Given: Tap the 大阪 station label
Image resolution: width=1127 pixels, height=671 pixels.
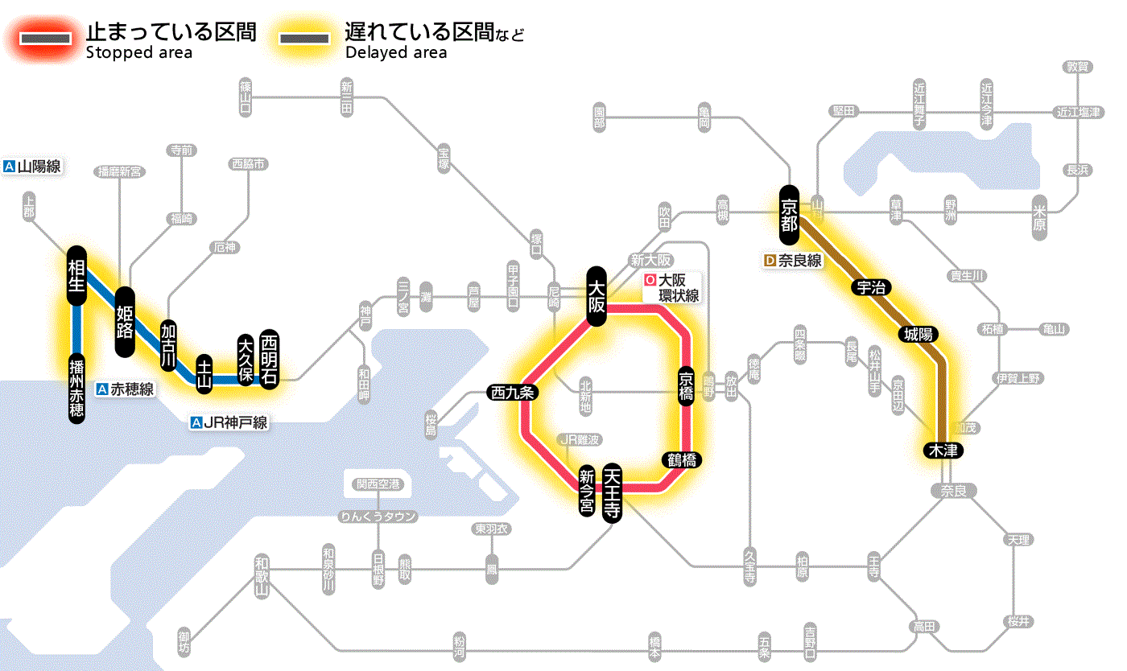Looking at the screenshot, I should point(597,296).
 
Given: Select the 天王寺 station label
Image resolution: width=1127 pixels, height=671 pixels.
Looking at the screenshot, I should point(613,494).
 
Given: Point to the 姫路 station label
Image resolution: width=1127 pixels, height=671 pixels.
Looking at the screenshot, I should point(126,322).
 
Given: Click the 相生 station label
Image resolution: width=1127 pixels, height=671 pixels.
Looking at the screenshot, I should point(77,276).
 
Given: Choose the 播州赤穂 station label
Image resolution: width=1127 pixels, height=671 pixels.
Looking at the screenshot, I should point(77,388).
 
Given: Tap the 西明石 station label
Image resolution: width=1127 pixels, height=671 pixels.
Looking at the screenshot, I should point(269,360).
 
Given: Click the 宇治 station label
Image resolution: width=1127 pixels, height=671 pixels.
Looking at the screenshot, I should point(868,287).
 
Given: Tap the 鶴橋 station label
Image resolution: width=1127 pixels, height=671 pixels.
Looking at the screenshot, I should point(681,460).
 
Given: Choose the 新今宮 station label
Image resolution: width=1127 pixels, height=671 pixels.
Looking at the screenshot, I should point(588,492).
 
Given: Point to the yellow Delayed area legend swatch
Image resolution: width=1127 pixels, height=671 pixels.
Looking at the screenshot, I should point(304,39).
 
